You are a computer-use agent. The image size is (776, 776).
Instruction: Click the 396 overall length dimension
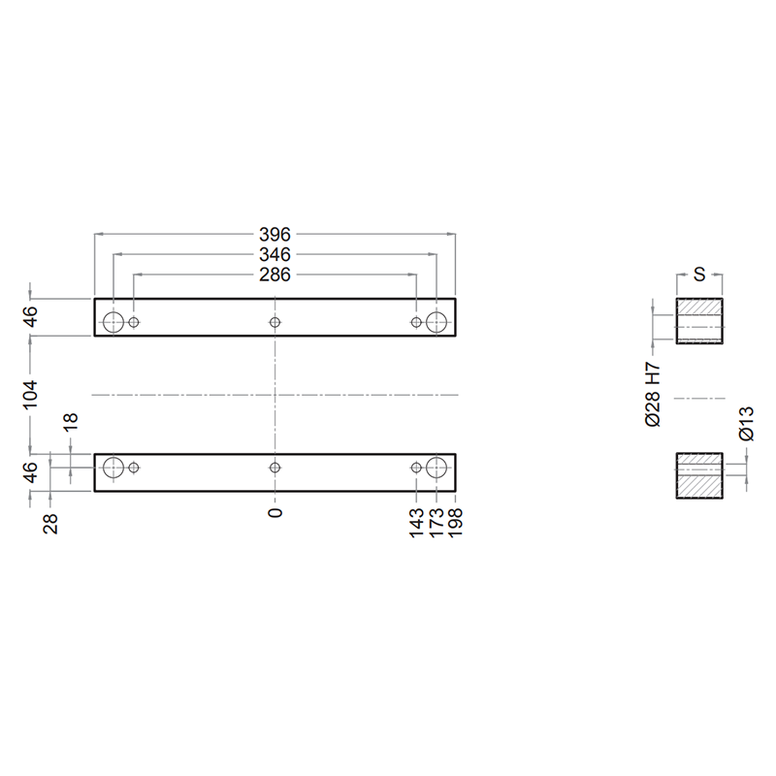[x=275, y=234]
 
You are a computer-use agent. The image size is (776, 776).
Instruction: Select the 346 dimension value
[x=275, y=254]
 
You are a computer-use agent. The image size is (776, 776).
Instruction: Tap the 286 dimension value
[x=275, y=275]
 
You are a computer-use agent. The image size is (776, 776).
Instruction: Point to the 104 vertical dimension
[x=30, y=395]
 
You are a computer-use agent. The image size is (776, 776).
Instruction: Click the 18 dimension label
[x=71, y=421]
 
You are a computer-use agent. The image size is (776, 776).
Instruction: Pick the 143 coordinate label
[x=417, y=522]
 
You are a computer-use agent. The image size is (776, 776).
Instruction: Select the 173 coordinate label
[x=436, y=522]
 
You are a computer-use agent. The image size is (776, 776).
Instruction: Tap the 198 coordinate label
[x=455, y=522]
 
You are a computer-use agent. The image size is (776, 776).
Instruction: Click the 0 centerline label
[x=275, y=512]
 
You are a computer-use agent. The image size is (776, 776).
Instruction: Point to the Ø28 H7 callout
[x=653, y=395]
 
